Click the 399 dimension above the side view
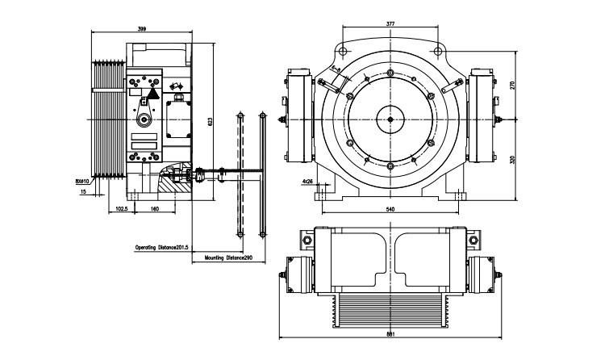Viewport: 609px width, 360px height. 142,28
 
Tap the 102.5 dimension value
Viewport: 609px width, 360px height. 123,208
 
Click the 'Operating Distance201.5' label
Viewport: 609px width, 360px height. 161,247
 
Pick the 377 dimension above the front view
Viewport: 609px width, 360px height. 390,24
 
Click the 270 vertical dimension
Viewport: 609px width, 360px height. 513,85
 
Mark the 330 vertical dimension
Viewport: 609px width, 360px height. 513,159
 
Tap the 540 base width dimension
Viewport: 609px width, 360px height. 390,209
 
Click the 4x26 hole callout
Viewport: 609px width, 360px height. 307,182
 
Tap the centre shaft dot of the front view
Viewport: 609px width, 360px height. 390,120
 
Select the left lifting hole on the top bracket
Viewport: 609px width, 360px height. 343,52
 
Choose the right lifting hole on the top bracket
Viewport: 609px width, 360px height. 438,52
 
